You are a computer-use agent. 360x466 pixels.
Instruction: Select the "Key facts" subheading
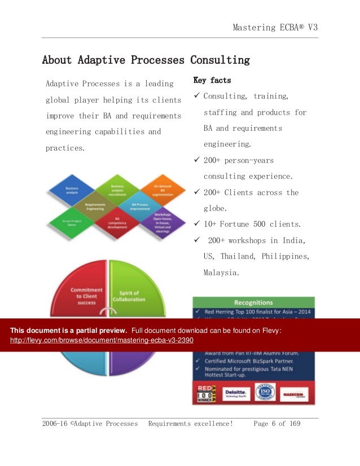[x=212, y=80]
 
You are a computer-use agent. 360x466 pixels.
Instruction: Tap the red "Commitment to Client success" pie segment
[x=83, y=291]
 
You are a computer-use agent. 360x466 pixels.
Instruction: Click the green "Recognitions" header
[x=253, y=302]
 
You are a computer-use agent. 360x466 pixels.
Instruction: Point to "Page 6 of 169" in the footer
[x=277, y=423]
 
